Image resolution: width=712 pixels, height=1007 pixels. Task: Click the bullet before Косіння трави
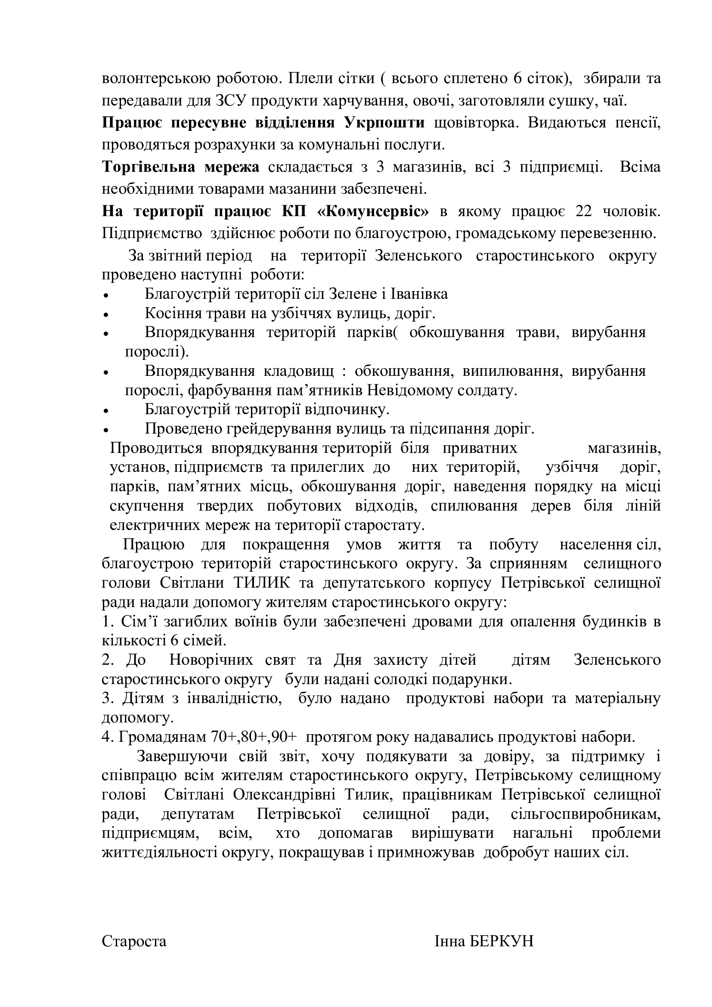tap(105, 315)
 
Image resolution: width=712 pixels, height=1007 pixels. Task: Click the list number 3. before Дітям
tap(107, 698)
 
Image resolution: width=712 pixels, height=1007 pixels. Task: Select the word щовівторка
tap(476, 123)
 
